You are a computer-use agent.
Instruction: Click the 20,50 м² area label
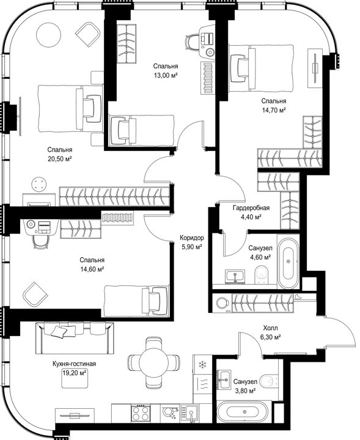[60, 159]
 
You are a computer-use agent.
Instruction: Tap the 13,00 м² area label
[166, 75]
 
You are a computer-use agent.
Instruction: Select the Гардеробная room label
[251, 208]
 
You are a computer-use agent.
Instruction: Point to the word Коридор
[192, 238]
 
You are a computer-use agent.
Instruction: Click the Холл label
[271, 328]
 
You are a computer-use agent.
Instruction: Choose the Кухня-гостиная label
[75, 364]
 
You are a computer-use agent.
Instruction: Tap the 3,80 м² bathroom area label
[244, 391]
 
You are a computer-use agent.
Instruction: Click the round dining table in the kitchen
[154, 360]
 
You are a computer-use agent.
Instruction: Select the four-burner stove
[141, 413]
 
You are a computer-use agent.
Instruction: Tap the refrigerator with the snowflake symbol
[202, 364]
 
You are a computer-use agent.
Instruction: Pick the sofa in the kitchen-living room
[75, 338]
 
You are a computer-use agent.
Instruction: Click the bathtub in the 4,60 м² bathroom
[288, 262]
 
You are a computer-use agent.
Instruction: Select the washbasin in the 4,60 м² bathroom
[235, 277]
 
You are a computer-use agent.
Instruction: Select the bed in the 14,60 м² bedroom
[137, 301]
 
